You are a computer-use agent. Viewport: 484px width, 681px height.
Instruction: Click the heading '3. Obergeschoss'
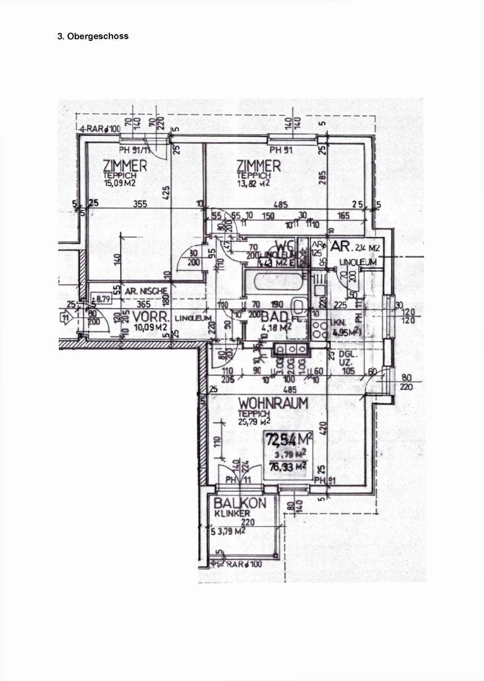point(93,36)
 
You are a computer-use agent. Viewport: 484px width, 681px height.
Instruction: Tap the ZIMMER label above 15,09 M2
point(125,166)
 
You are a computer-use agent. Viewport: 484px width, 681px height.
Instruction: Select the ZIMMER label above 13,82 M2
point(259,166)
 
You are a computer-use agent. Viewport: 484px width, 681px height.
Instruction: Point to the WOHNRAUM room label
point(273,403)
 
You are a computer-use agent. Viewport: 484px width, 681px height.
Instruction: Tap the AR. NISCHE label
point(146,291)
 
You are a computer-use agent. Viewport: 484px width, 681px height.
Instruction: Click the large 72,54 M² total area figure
point(289,439)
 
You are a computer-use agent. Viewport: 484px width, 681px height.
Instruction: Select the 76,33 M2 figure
point(290,466)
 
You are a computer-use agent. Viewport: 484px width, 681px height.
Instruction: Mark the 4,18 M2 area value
point(276,327)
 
